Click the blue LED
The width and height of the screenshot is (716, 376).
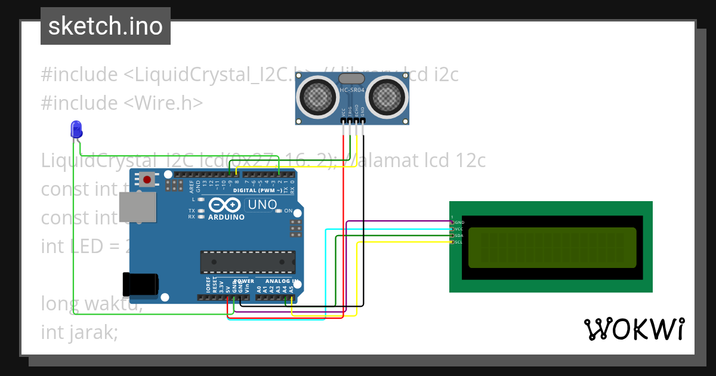tap(76, 129)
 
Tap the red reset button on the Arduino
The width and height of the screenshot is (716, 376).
tap(147, 178)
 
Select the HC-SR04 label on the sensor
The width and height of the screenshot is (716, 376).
tap(352, 91)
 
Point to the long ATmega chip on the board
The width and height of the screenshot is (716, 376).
tap(248, 260)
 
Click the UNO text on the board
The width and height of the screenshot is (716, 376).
tap(263, 205)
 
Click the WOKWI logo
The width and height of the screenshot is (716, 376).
tap(634, 329)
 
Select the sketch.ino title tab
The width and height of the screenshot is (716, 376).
tap(106, 26)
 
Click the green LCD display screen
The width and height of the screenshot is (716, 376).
tap(552, 248)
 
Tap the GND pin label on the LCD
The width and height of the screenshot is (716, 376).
tap(459, 223)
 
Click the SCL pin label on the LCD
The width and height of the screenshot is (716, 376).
tap(459, 242)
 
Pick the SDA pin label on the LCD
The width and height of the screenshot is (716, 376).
tap(459, 236)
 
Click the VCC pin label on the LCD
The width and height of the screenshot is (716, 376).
tap(459, 229)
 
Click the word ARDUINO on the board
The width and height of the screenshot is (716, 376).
tap(226, 217)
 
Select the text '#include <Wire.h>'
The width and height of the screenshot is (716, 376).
tap(122, 103)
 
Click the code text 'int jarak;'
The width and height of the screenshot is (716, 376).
tap(79, 332)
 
